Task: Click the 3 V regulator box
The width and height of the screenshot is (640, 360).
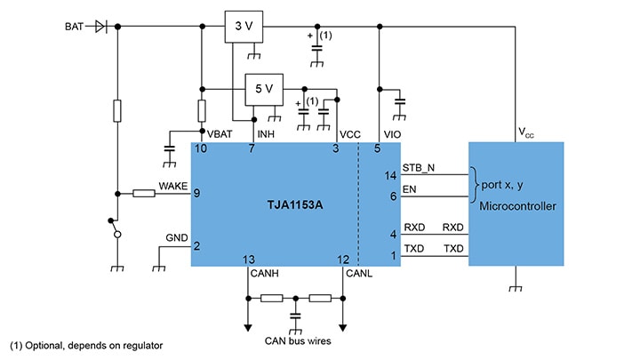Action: pos(243,27)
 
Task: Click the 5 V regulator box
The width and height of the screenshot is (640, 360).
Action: pos(264,88)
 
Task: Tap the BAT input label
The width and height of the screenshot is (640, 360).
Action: pos(74,27)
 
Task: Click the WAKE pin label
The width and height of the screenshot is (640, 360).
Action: pos(172,186)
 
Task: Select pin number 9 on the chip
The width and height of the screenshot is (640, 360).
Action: pos(196,193)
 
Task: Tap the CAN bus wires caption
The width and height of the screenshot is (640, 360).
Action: pos(295,339)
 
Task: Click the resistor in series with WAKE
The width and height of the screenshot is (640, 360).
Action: pos(146,193)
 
